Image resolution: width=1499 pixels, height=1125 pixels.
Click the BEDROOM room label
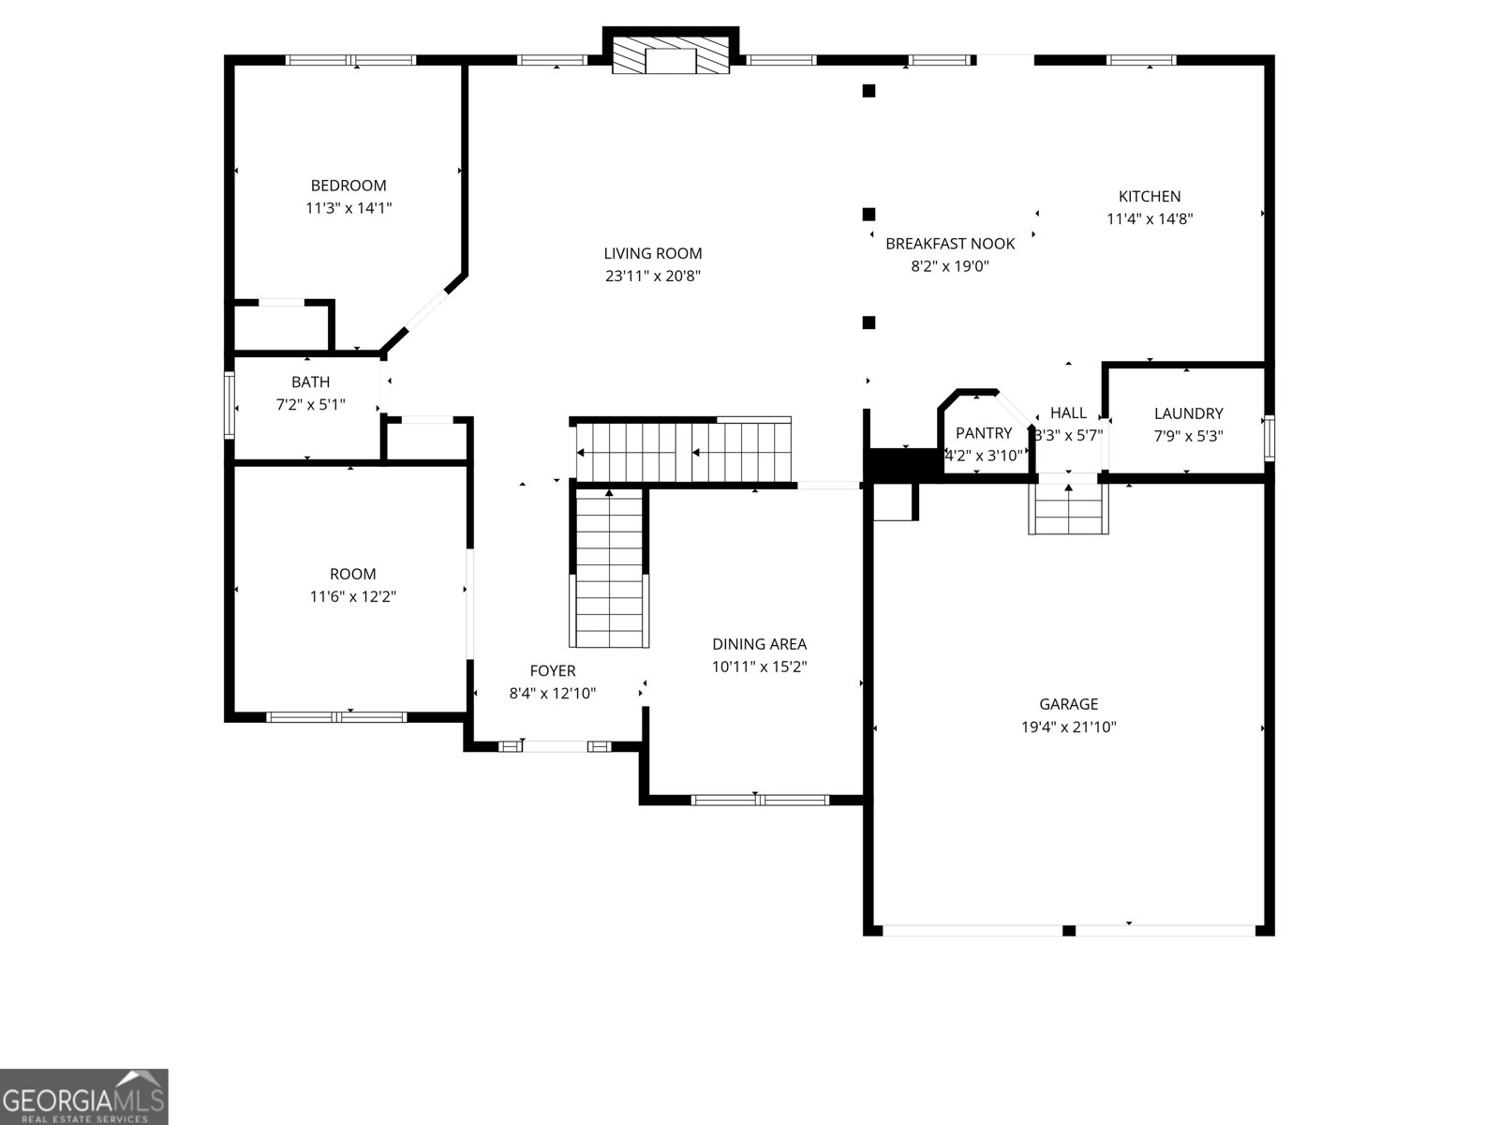[349, 186]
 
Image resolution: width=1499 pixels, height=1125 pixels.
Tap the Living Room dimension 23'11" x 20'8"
[653, 277]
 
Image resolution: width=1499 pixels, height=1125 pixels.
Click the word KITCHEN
[1150, 197]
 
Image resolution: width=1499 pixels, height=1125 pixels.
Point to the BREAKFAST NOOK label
[950, 244]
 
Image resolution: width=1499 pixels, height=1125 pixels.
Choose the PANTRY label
[984, 433]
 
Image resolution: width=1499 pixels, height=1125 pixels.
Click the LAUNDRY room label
[1188, 413]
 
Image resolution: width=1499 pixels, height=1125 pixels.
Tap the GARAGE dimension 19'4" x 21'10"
[1069, 727]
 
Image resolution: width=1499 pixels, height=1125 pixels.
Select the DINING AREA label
[759, 644]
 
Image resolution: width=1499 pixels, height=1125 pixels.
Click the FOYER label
[553, 671]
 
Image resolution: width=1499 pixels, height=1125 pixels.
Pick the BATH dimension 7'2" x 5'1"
[311, 405]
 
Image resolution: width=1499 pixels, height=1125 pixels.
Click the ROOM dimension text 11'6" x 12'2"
[353, 596]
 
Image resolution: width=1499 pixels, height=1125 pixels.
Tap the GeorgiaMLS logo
[83, 1096]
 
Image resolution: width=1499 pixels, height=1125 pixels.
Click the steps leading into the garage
[1068, 510]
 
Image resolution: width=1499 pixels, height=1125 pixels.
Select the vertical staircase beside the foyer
[610, 568]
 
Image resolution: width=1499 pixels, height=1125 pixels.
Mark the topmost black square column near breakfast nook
[868, 91]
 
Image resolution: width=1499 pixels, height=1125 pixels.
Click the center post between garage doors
[1068, 930]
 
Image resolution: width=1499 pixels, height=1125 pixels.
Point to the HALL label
[1068, 413]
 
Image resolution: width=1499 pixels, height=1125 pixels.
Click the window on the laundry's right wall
[1269, 438]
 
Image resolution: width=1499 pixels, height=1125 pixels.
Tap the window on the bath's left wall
[229, 404]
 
